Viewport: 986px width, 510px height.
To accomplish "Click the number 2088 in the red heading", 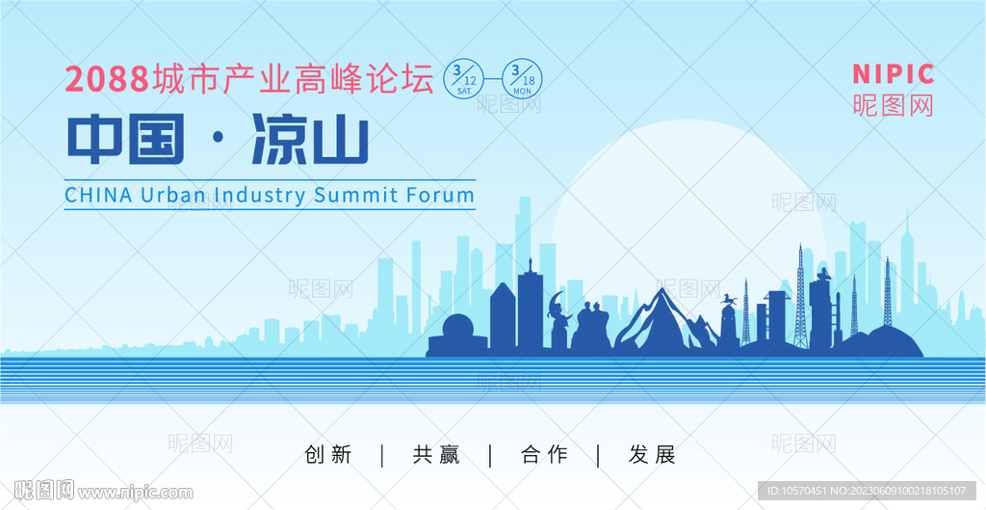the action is click(106, 80).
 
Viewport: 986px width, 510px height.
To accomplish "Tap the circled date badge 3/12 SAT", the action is click(464, 79).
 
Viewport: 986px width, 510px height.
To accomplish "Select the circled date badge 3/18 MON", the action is click(522, 79).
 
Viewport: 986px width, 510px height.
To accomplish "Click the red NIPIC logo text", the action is click(893, 74).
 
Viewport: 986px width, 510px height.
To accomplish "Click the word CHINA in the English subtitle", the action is click(99, 195).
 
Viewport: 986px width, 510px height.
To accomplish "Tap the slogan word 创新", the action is click(327, 454).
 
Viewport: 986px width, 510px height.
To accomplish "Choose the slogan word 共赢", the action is click(436, 454).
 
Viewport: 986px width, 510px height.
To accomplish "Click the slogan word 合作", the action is click(544, 454).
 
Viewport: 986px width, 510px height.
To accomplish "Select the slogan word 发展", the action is click(652, 454).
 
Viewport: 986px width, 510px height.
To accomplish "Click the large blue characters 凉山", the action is click(310, 140).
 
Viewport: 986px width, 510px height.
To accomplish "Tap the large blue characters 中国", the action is click(126, 140).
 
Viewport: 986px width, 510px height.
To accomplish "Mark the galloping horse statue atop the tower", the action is click(730, 298).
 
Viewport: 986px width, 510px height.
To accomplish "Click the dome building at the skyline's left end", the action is click(457, 333).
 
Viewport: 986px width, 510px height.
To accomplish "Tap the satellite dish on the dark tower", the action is click(822, 274).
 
